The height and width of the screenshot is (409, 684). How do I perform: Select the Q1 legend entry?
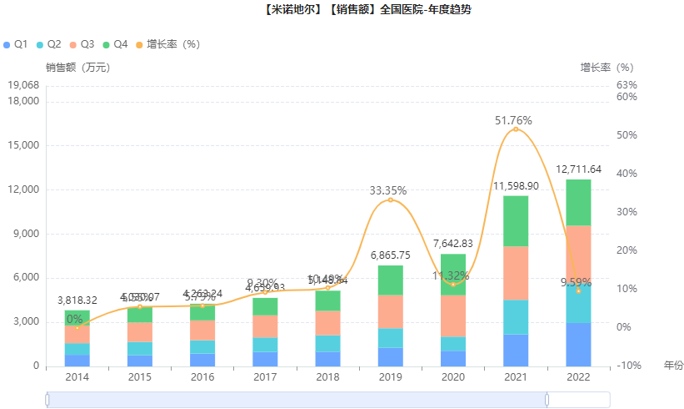click(x=17, y=43)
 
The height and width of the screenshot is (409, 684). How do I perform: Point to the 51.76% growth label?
click(x=513, y=121)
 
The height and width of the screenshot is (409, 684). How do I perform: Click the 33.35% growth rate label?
click(x=388, y=191)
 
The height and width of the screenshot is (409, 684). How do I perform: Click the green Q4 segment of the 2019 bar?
click(x=390, y=280)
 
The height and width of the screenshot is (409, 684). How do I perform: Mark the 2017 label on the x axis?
click(x=264, y=377)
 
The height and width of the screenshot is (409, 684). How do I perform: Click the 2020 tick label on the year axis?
click(x=452, y=377)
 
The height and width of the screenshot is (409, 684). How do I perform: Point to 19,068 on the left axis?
click(x=22, y=85)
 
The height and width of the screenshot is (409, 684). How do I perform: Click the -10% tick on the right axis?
click(x=628, y=366)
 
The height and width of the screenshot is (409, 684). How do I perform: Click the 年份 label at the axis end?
click(x=673, y=366)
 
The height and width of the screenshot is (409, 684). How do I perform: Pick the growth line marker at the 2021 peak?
click(x=516, y=129)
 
